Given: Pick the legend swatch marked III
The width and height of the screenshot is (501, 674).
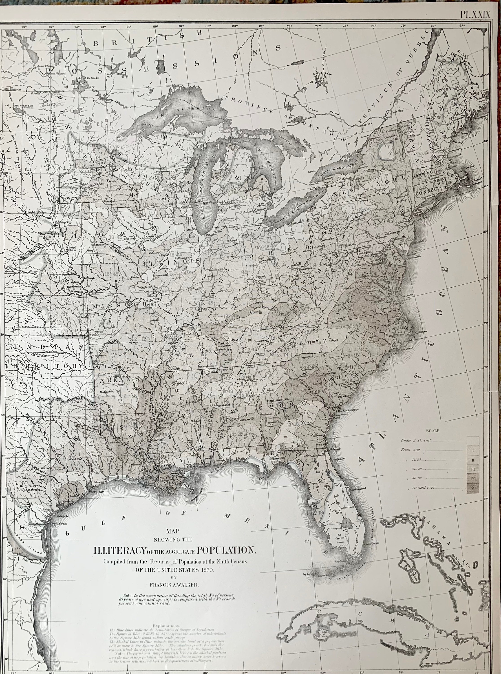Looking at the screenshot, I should click(473, 469).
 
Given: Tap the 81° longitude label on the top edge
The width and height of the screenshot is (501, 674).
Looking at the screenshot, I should click(261, 26).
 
